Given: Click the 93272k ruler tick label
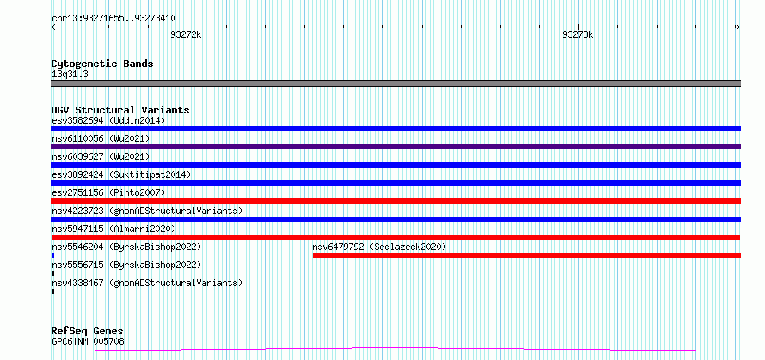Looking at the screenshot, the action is [186, 35].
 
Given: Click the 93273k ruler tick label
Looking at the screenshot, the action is [578, 35].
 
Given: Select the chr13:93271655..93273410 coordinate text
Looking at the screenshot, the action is [113, 19].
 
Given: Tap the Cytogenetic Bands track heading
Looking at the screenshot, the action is [102, 64].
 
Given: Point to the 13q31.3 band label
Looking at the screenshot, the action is [70, 75].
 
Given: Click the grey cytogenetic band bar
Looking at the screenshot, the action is [395, 83].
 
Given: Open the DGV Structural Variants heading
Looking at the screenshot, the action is [120, 110].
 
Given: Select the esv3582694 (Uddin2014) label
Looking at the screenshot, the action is [109, 120].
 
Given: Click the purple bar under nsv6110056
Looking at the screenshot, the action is [395, 147].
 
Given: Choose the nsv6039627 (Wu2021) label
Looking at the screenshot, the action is [101, 156].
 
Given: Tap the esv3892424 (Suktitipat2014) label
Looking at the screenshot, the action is [121, 174].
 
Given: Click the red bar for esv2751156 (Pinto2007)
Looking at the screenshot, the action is [395, 201].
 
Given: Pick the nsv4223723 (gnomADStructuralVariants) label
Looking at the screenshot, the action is [147, 211].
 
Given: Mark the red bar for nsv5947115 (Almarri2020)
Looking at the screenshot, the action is [395, 237].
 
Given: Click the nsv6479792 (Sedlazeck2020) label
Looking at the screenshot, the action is [379, 247].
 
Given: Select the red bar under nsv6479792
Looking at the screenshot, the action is [527, 255].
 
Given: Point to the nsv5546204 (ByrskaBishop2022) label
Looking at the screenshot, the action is [126, 247].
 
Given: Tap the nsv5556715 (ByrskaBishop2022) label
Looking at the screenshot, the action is [126, 265].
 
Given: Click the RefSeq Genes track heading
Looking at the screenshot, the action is [87, 332].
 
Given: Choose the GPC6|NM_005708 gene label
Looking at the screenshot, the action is [88, 341].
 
